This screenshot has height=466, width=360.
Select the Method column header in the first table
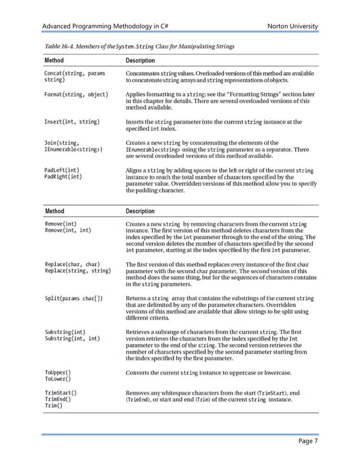pyautogui.click(x=54, y=60)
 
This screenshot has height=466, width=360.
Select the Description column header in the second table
pyautogui.click(x=140, y=211)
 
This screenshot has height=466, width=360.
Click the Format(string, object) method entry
pyautogui.click(x=76, y=94)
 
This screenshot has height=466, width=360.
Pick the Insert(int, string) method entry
pyautogui.click(x=72, y=121)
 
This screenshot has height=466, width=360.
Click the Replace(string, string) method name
pyautogui.click(x=81, y=271)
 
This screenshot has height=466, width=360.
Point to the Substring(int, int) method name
pyautogui.click(x=73, y=338)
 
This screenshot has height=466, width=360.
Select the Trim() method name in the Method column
pyautogui.click(x=54, y=406)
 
